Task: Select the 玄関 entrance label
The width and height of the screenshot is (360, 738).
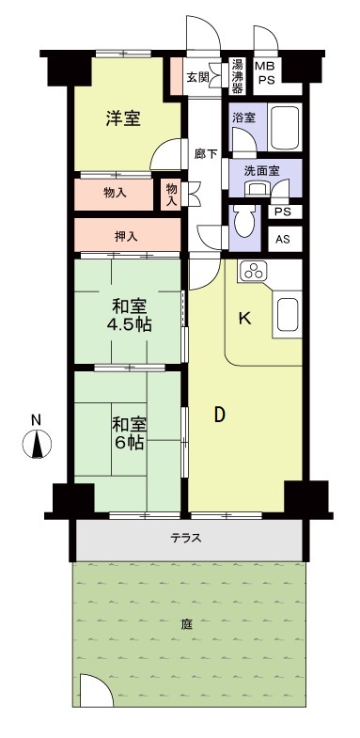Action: (x=197, y=77)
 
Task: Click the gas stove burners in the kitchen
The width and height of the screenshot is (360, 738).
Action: (x=254, y=273)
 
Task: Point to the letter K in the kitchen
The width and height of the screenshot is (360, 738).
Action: (x=243, y=319)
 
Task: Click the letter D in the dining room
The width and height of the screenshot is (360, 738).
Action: (x=218, y=415)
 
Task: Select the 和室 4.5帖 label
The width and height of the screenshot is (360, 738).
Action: (x=131, y=315)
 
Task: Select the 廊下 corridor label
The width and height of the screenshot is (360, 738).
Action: (x=205, y=153)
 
